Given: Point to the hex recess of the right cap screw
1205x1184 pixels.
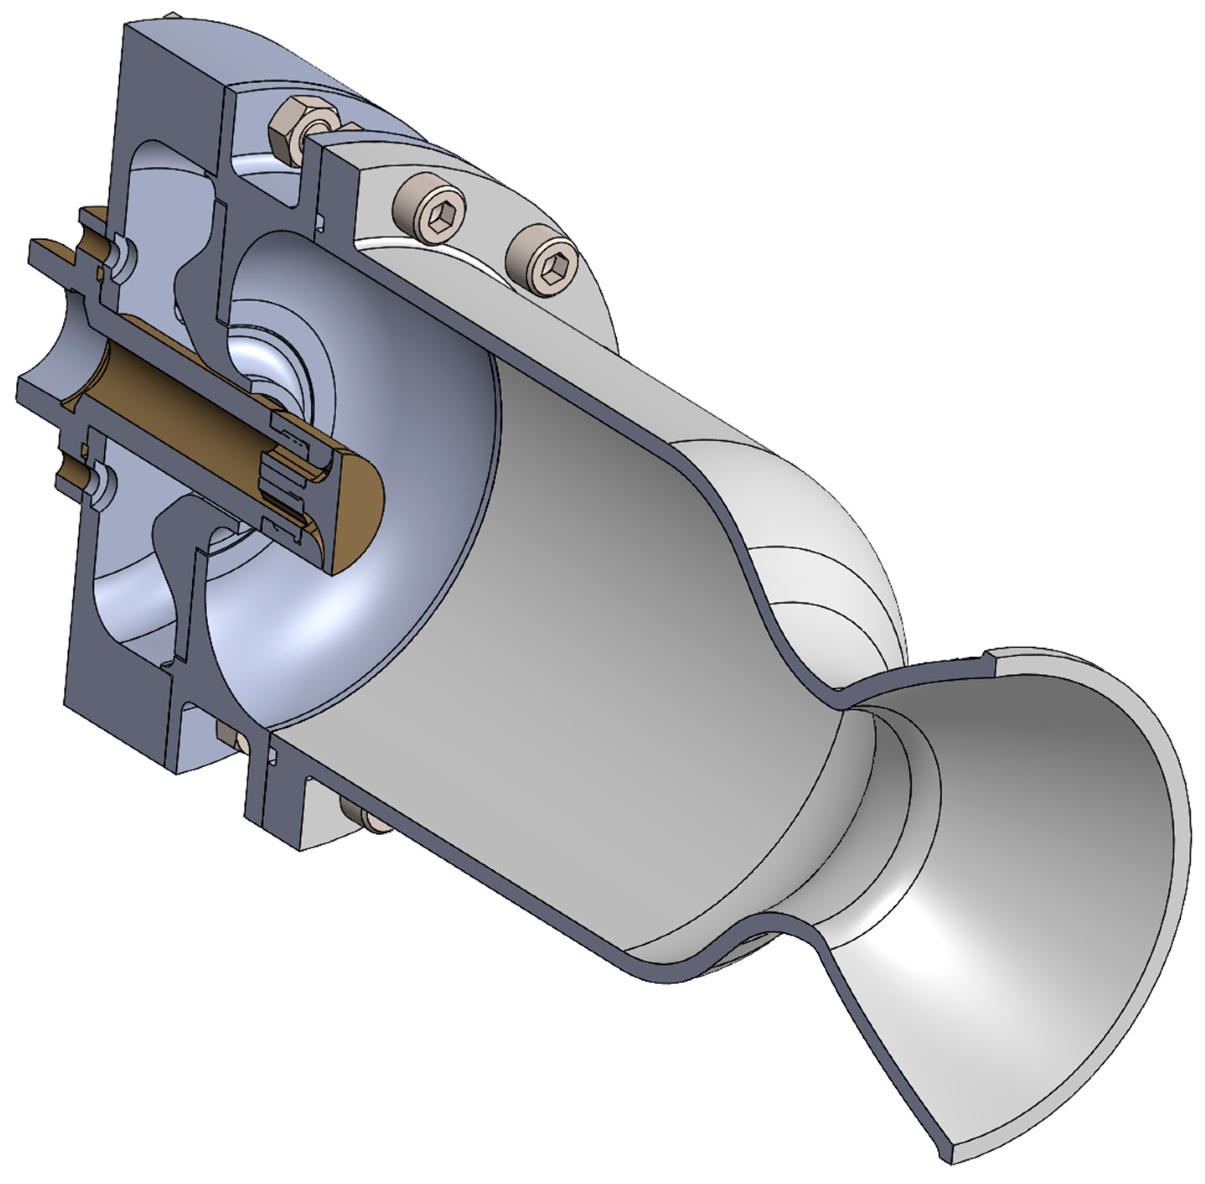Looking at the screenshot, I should click(x=550, y=268).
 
